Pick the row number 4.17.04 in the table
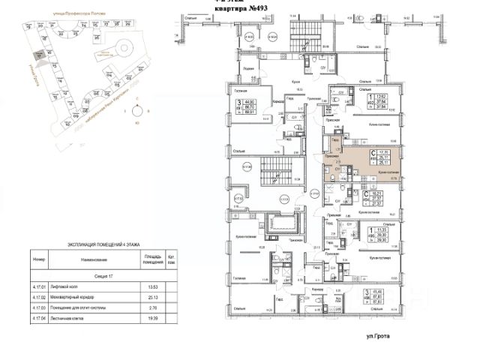pyautogui.click(x=39, y=318)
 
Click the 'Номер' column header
pyautogui.click(x=39, y=259)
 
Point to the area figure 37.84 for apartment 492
pyautogui.click(x=380, y=102)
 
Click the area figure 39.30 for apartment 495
pyautogui.click(x=380, y=232)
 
